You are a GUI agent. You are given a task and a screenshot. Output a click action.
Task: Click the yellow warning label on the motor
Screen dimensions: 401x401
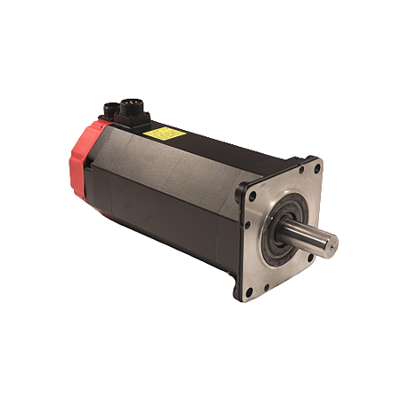pos(165,133)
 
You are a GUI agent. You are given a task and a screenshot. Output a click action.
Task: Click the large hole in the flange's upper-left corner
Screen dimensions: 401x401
pos(252,197)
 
